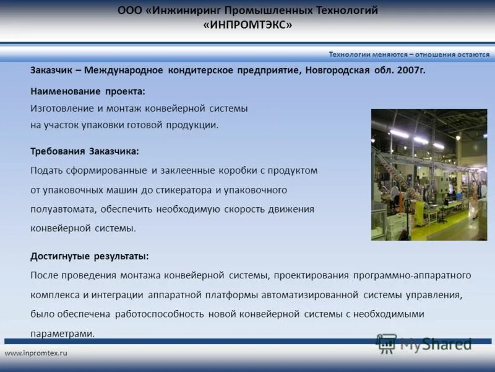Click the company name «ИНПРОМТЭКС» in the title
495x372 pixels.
coord(247,25)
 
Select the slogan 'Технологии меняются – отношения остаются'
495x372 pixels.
coord(409,54)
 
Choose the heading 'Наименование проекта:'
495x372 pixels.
coord(88,91)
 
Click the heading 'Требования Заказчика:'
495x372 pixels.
coord(85,151)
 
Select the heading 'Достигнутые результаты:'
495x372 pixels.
coord(90,255)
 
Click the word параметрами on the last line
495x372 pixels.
coord(62,333)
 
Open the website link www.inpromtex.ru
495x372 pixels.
coord(36,353)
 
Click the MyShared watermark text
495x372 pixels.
coord(436,344)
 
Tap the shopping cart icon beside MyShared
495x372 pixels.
coord(387,343)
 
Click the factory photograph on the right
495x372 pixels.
coord(429,175)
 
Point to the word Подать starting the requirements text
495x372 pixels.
coord(47,170)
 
